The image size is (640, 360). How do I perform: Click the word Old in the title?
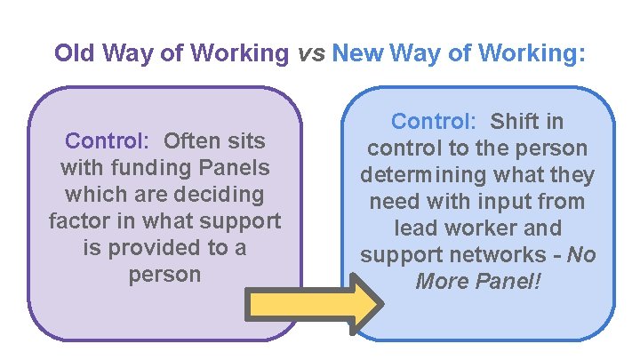[75, 53]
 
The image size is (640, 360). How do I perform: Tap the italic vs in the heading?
[310, 53]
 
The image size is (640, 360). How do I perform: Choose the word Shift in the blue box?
[515, 121]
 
